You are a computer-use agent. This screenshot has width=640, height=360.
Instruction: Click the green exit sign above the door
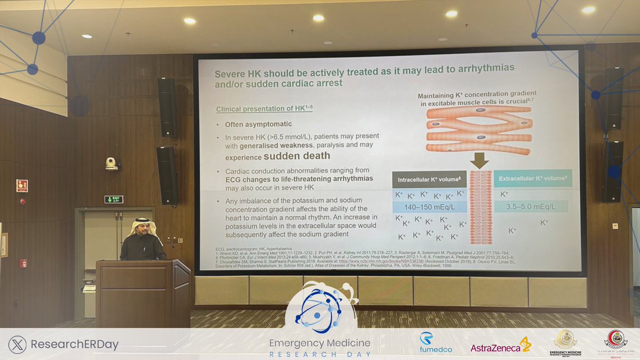click(114, 199)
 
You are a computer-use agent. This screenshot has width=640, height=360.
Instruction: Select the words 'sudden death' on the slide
click(297, 156)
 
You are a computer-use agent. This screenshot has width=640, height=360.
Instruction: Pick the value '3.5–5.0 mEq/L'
click(531, 206)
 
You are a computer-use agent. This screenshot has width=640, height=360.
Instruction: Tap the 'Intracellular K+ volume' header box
click(429, 179)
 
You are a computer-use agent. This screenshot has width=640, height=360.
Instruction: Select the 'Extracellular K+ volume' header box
click(533, 178)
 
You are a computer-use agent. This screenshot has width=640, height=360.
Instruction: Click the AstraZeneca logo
click(500, 347)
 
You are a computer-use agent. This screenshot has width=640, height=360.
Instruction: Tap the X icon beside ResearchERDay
click(18, 344)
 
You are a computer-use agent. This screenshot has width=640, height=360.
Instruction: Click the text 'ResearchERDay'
click(75, 345)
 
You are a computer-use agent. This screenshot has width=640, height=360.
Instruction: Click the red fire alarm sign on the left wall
click(22, 186)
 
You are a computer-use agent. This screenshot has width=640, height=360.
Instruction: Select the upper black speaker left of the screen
click(167, 107)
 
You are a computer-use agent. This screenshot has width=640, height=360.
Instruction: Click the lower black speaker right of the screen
click(613, 171)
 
